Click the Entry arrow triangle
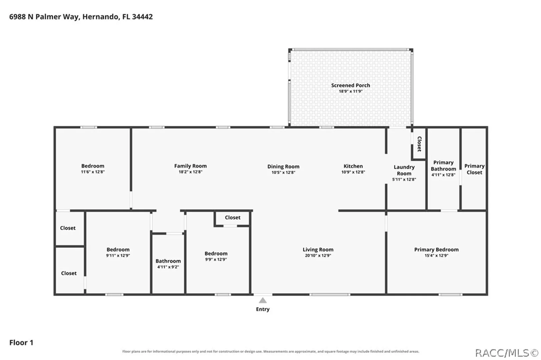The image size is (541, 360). pos(263,300)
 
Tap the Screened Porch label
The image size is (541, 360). pos(351,85)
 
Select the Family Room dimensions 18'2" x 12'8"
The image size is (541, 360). pos(190,172)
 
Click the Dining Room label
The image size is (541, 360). pos(283,166)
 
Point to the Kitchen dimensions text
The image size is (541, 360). pos(353,172)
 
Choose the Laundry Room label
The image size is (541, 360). pos(404,170)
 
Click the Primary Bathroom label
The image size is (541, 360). pos(443,166)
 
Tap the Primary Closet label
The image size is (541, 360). pos(474,169)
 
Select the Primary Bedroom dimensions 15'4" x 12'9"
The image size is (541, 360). pos(436,255)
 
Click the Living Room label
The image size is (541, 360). pos(318,249)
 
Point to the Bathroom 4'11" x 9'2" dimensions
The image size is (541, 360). pos(168,267)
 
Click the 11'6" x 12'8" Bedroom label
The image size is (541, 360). pos(93,166)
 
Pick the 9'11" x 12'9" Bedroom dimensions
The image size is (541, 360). pos(118,255)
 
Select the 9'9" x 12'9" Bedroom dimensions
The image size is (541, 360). pos(216,260)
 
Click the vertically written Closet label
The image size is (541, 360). pos(419,144)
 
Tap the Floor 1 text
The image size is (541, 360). pos(21,343)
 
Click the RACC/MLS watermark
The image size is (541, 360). pos(507,353)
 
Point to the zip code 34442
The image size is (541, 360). pos(142,17)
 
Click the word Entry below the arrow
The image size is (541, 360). pos(263,309)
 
